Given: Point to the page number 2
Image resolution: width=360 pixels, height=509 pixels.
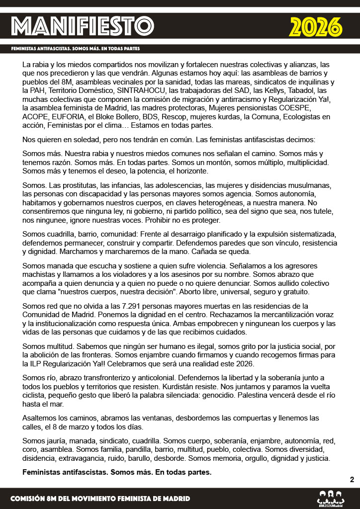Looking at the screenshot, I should [x=352, y=480].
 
